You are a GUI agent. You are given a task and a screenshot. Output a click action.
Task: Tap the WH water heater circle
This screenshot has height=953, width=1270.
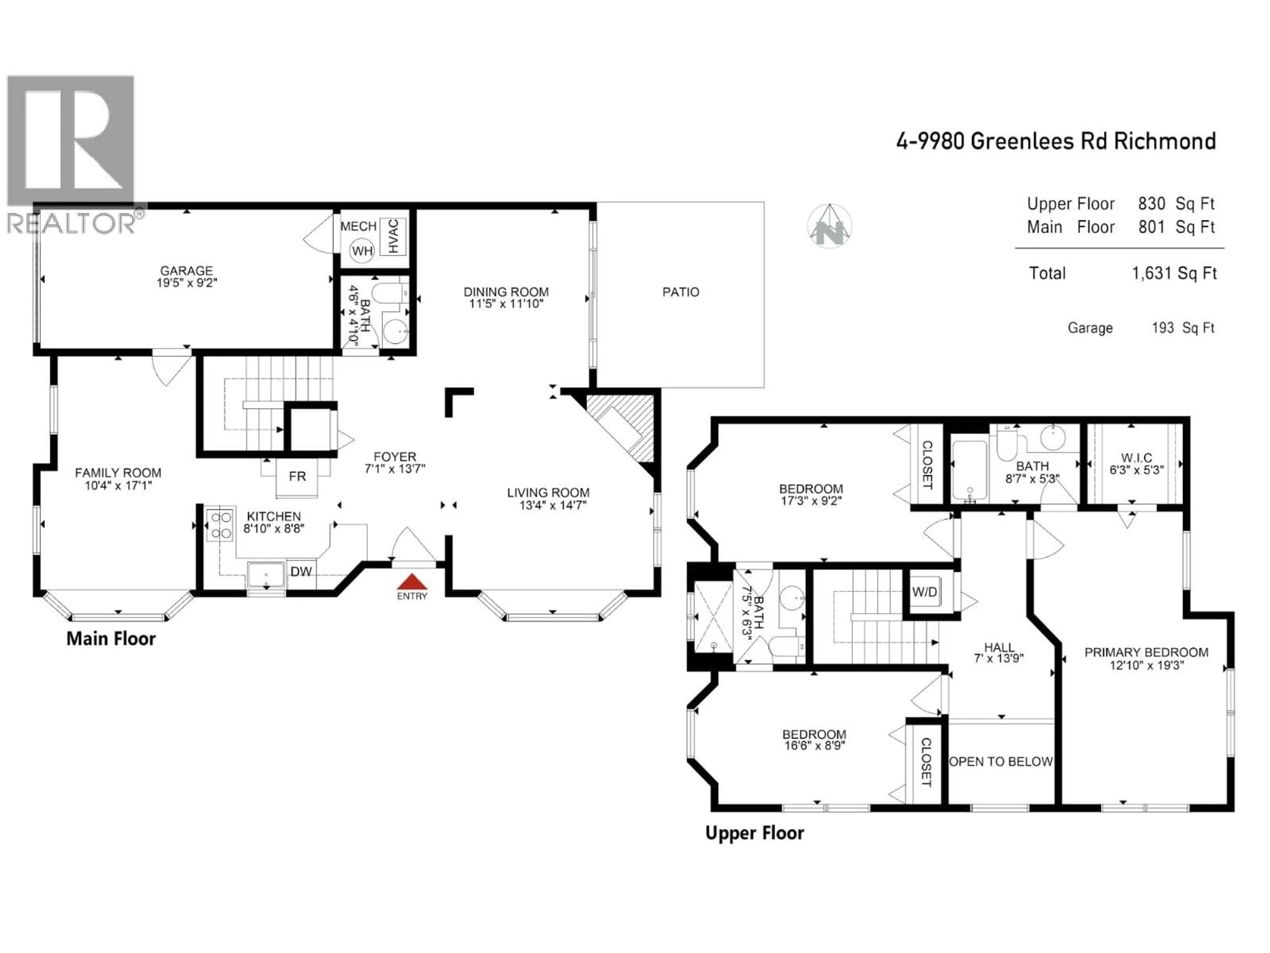(362, 251)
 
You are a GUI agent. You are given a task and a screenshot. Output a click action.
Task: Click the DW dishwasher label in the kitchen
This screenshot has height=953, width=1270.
(301, 571)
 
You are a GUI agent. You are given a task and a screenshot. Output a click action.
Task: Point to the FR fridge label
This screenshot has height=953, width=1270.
(297, 476)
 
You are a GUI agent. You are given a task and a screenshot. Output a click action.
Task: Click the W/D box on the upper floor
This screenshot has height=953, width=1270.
(924, 592)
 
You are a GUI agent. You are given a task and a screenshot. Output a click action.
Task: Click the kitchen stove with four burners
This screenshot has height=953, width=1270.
(220, 524)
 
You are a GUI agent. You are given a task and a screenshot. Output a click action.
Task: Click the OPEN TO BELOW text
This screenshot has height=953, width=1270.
(1001, 762)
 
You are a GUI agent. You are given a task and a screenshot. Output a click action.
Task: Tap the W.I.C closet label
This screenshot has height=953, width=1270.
(1136, 458)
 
